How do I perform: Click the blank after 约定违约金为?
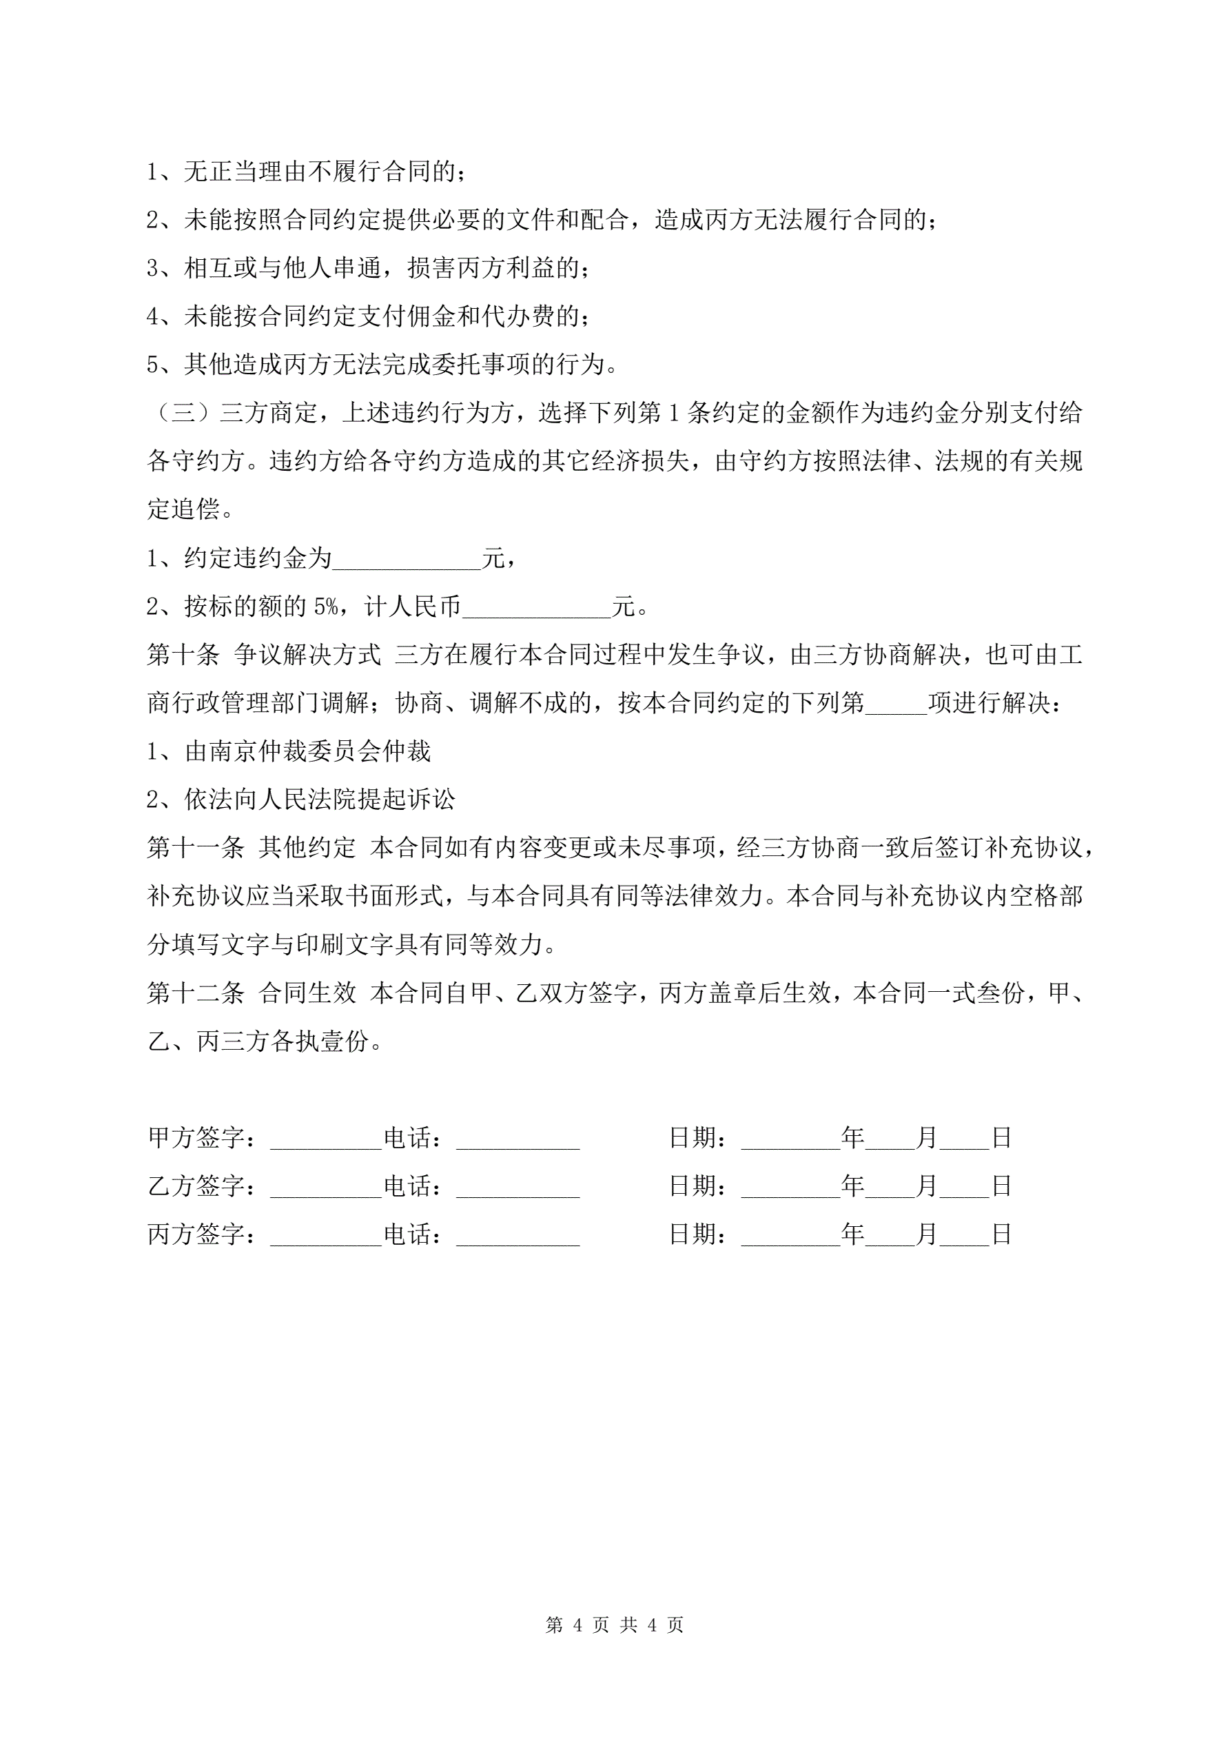point(407,560)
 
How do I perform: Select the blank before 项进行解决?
point(896,704)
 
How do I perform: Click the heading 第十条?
point(183,655)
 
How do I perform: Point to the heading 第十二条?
point(196,993)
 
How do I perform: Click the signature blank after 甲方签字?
point(326,1139)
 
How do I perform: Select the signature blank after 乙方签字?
point(326,1186)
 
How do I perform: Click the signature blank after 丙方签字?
point(326,1234)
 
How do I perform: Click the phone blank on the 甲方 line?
point(517,1139)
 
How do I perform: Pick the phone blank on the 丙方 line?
point(517,1234)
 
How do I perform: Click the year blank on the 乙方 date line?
point(791,1186)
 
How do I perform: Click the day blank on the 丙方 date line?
point(964,1234)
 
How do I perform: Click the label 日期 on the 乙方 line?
point(694,1186)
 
